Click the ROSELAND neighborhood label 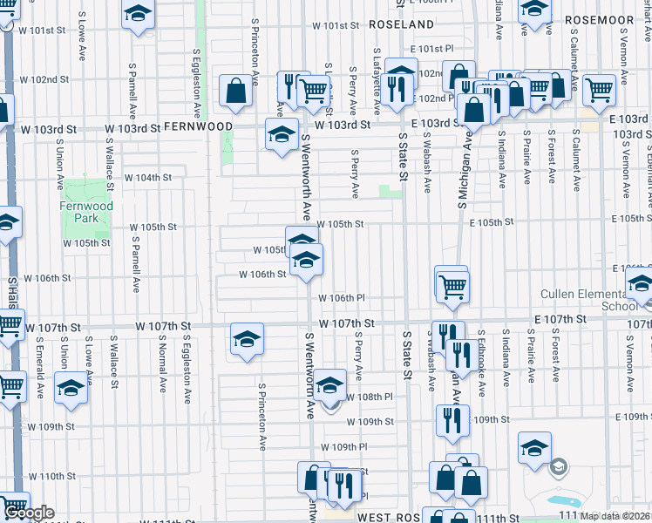[401, 24]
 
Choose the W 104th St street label [148, 177]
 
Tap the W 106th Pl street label [342, 298]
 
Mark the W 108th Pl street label [370, 397]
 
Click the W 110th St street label [52, 477]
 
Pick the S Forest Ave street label [553, 157]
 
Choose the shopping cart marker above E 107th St [452, 284]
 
